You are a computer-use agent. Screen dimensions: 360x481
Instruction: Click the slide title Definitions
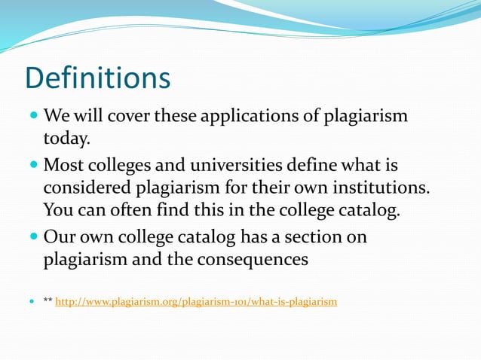[97, 78]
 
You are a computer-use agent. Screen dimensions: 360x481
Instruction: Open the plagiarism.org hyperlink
[196, 302]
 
